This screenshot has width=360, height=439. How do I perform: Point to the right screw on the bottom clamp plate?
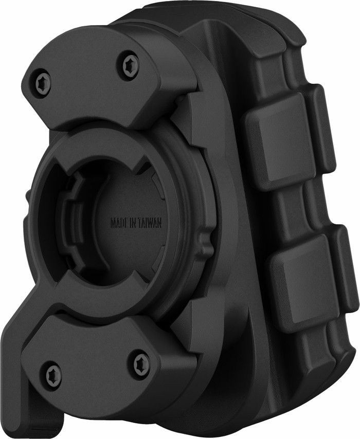141,362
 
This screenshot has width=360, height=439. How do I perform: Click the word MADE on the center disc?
119,223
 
